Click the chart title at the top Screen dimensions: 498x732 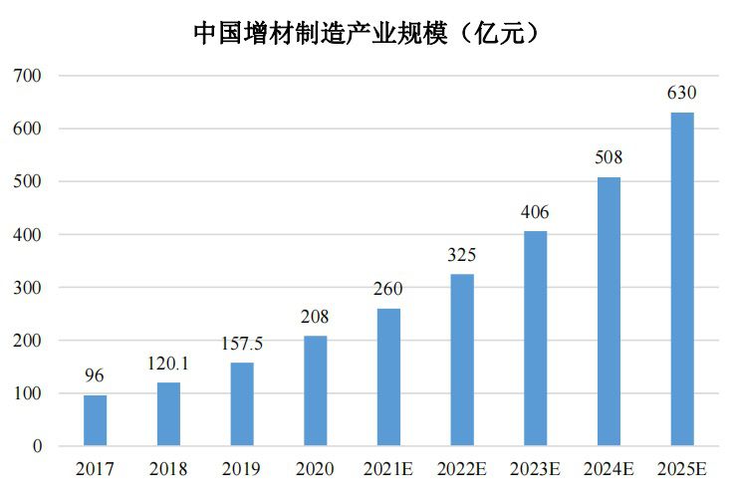click(x=366, y=33)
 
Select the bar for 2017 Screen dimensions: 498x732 click(x=95, y=420)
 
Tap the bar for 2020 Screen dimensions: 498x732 click(x=315, y=390)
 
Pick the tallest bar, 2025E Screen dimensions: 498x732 click(x=682, y=279)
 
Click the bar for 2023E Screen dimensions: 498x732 click(x=535, y=338)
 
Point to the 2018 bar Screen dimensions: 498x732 click(x=168, y=413)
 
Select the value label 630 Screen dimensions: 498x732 click(x=682, y=94)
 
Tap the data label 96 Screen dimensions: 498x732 click(x=95, y=376)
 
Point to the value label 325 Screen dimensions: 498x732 click(x=461, y=255)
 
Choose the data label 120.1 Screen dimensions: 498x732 click(x=168, y=364)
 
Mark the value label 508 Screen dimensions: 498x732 click(x=609, y=158)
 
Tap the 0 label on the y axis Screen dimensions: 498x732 click(x=37, y=446)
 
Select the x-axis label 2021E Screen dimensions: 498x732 click(x=388, y=468)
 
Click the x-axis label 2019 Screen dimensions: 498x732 click(x=242, y=468)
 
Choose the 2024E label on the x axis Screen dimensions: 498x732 click(x=609, y=468)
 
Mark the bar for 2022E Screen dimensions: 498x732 click(x=461, y=360)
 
